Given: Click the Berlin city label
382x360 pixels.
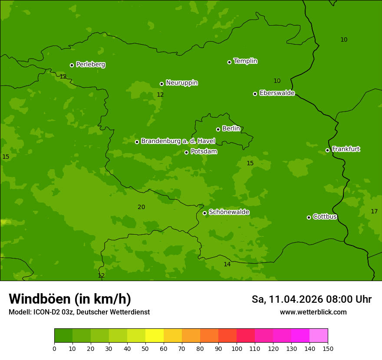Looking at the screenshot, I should (231, 129).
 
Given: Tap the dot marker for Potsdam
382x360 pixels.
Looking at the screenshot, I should (187, 152).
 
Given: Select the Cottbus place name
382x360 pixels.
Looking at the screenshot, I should (325, 217).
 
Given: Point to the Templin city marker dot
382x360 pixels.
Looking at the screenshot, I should (229, 62).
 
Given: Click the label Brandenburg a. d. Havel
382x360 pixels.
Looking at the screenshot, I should (178, 141).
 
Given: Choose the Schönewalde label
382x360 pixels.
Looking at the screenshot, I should (229, 212).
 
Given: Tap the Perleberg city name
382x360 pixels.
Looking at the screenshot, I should (91, 65).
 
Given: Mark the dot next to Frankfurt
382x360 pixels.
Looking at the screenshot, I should (327, 151).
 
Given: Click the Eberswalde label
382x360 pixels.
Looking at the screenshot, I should (277, 93).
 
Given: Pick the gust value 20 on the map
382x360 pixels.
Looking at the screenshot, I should (142, 207).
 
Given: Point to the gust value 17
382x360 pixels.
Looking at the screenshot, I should (374, 212).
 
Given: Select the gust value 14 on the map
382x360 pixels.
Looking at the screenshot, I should (227, 265).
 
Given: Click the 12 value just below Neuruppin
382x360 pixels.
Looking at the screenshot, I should (160, 95).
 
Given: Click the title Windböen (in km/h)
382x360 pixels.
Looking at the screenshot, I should (70, 299).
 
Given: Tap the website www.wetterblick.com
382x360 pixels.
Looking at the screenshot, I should (313, 312).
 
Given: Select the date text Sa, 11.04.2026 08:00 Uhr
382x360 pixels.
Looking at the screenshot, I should (311, 299).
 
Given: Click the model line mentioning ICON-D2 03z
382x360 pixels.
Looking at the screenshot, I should (79, 312).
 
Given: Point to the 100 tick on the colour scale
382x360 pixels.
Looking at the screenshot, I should (237, 348).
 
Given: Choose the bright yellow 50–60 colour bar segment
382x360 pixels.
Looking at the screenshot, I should (155, 336).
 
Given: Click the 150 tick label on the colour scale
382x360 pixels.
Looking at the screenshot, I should (328, 348).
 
